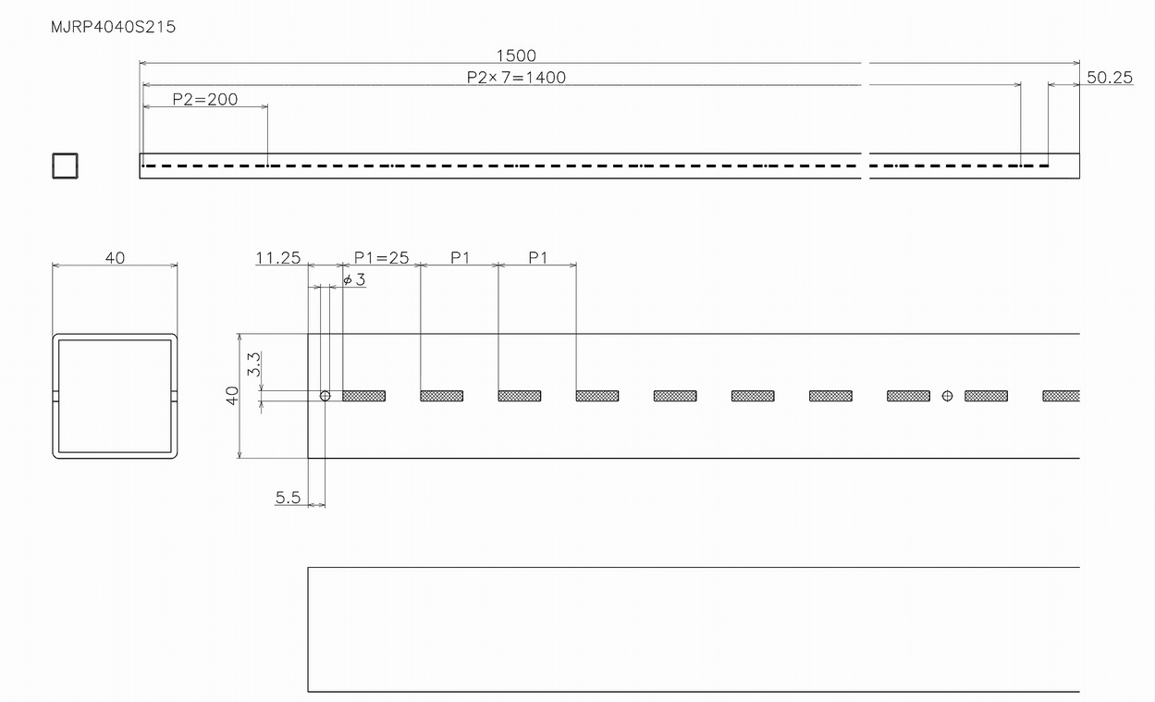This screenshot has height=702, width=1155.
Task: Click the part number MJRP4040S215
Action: click(113, 27)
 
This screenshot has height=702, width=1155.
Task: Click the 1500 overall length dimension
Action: click(516, 55)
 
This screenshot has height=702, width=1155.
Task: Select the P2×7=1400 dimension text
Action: click(516, 78)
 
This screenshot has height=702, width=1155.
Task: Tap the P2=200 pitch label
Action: click(204, 99)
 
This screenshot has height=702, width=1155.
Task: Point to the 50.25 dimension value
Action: click(1110, 78)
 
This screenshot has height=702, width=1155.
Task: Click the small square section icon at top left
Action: click(65, 166)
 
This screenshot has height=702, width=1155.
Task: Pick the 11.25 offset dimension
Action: click(278, 257)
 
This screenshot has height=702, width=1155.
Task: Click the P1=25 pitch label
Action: click(382, 257)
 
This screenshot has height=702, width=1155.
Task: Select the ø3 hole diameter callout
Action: click(354, 279)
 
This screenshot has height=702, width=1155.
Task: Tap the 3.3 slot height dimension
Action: click(253, 364)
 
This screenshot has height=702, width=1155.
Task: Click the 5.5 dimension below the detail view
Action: click(288, 498)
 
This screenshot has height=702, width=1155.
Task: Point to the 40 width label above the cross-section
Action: click(115, 257)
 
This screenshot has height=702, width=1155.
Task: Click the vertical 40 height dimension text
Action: click(232, 396)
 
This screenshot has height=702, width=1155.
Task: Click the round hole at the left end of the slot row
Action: click(325, 396)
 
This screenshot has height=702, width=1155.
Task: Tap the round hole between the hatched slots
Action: click(947, 396)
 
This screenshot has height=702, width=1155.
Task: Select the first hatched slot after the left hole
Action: click(364, 396)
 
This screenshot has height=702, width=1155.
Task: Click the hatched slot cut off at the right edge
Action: click(1062, 396)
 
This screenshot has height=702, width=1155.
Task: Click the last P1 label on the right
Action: click(538, 257)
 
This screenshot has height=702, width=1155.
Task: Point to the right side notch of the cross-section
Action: click(174, 396)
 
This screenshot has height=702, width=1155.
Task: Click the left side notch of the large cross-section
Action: click(55, 396)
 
